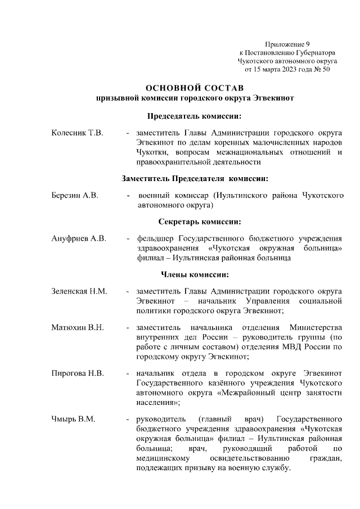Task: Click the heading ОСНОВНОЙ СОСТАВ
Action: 195,88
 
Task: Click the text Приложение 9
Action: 287,44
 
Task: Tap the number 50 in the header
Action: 325,70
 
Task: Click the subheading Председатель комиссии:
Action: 195,116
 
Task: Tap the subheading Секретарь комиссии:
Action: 195,221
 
